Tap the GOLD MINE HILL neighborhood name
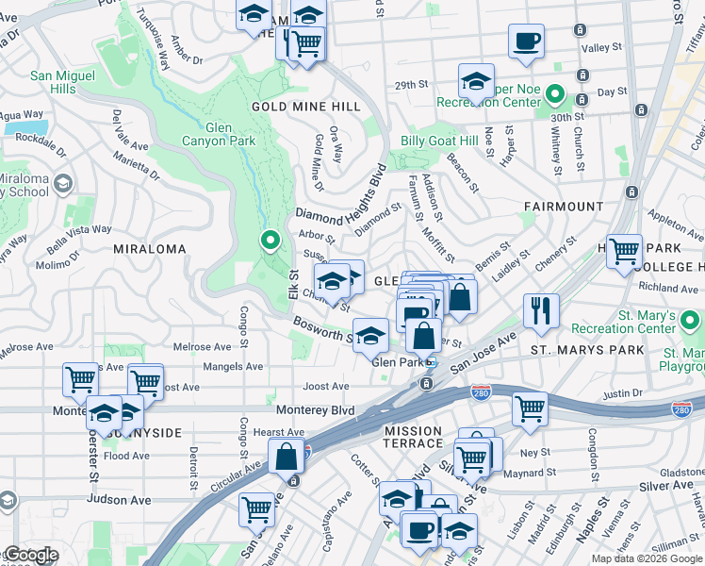[305, 107]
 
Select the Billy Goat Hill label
[439, 141]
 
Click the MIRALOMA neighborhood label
[149, 249]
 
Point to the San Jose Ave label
[483, 353]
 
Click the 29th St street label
[411, 85]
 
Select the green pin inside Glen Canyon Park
[271, 241]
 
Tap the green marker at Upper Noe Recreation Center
[555, 94]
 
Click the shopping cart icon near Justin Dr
[531, 408]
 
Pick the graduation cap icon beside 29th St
[477, 80]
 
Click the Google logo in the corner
[30, 556]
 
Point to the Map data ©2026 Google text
[647, 558]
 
